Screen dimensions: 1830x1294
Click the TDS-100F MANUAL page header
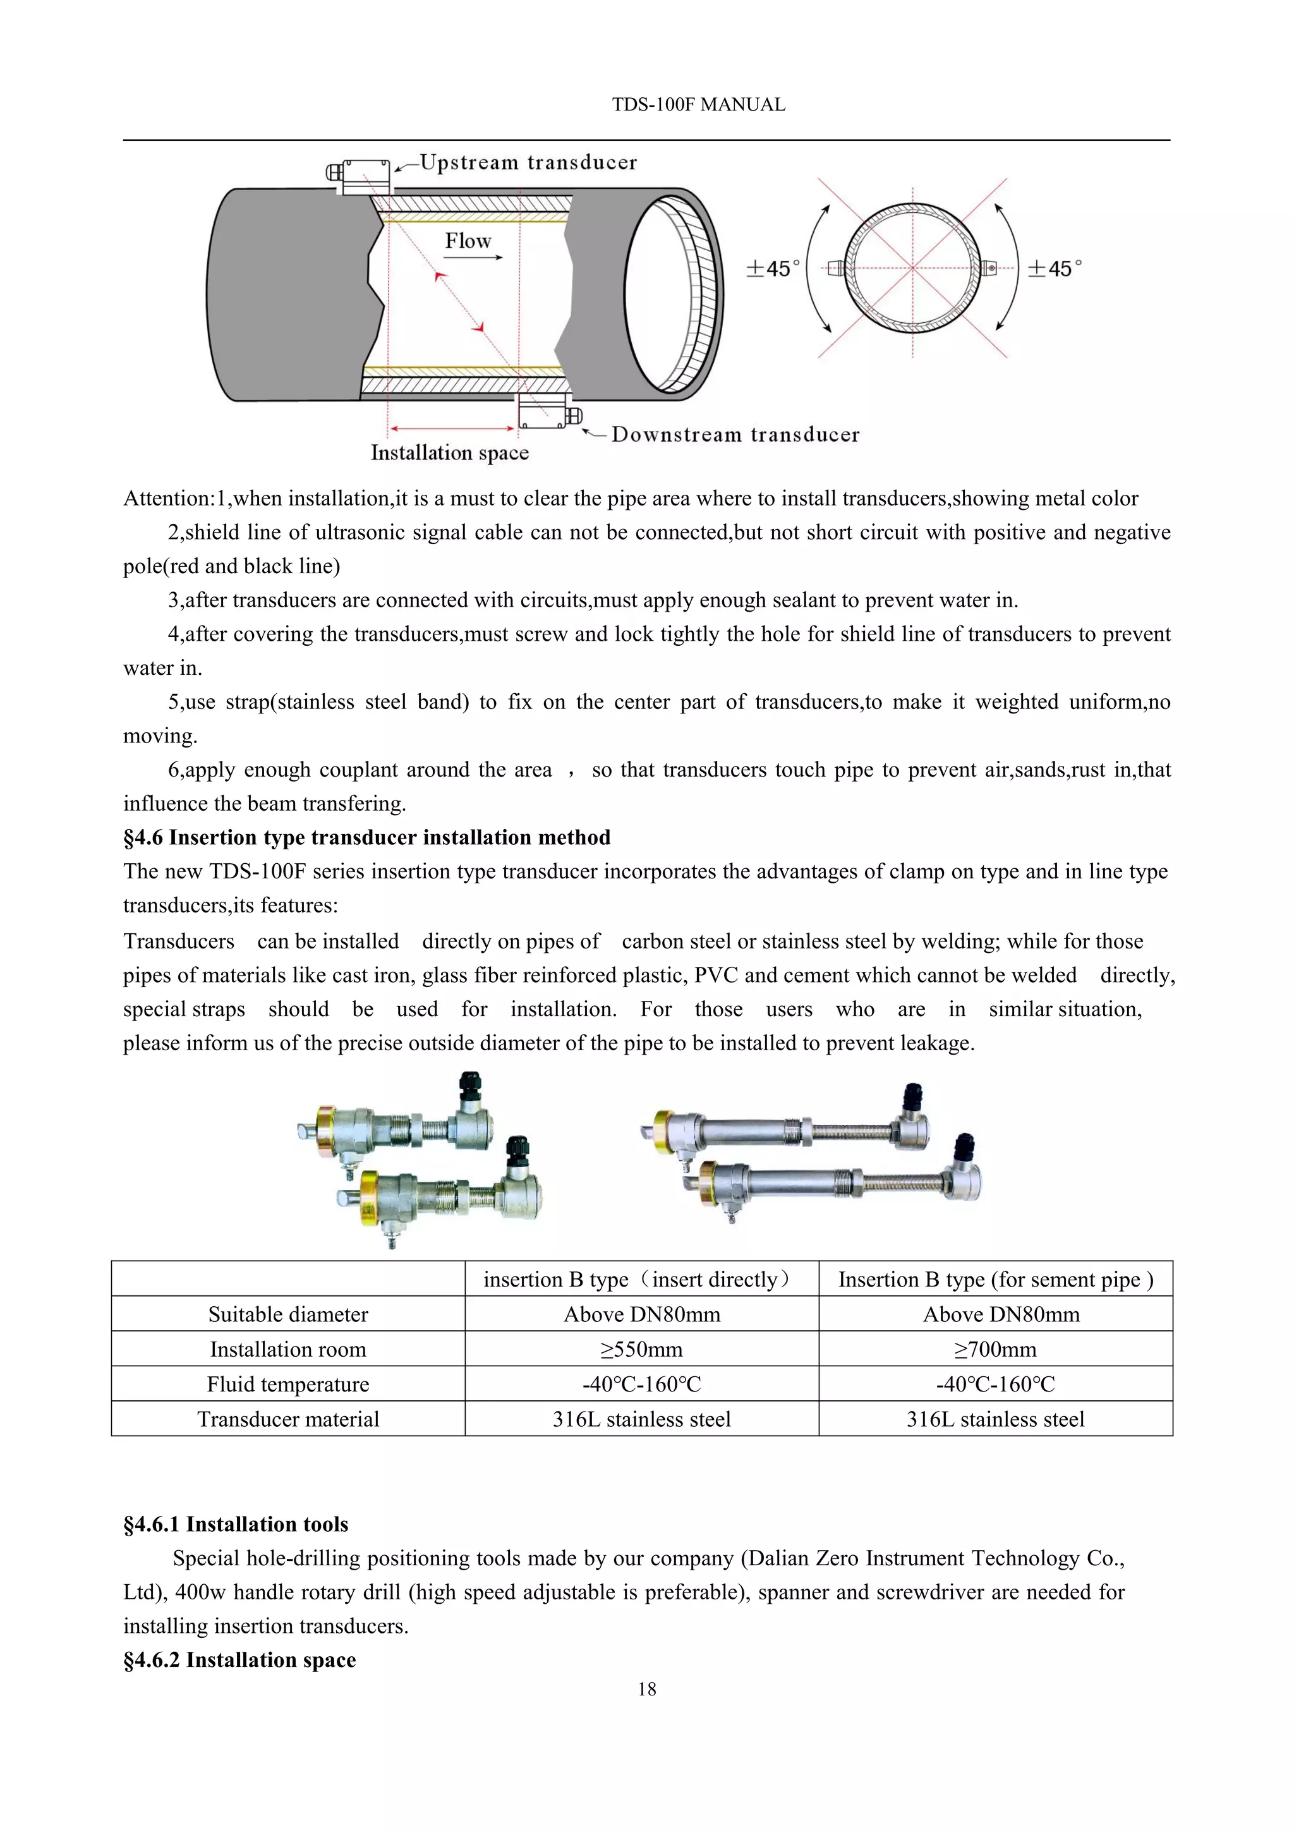[x=698, y=104]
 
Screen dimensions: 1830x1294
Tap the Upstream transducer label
[x=528, y=162]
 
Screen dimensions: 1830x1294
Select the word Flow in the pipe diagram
[x=468, y=241]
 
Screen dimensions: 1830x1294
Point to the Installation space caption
[x=449, y=452]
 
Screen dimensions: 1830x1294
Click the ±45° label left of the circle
[x=772, y=269]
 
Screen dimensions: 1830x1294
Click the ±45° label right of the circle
[x=1054, y=269]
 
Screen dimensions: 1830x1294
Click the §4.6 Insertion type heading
[x=366, y=838]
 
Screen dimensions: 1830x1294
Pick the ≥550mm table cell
[x=641, y=1349]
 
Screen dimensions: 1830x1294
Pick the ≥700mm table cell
[x=995, y=1349]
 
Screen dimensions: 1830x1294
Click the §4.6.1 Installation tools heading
[x=236, y=1524]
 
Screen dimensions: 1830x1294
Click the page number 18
[x=647, y=1689]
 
